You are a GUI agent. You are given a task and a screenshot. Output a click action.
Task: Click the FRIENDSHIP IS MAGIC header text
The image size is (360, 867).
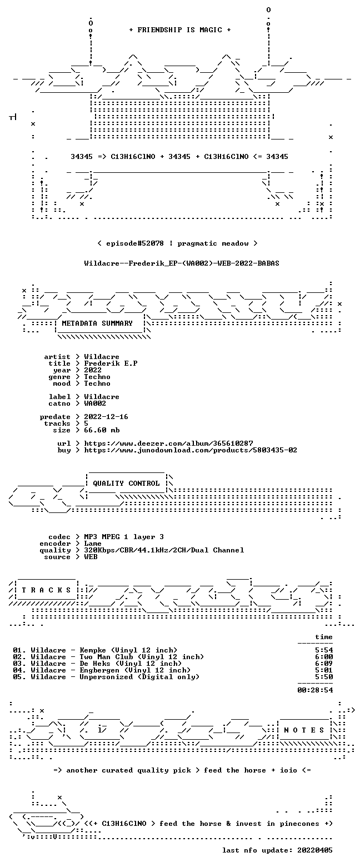pyautogui.click(x=180, y=30)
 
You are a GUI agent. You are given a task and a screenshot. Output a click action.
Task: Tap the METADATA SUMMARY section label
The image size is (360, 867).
pyautogui.click(x=97, y=323)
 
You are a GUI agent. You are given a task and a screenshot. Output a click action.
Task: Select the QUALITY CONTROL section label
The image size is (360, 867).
pyautogui.click(x=126, y=484)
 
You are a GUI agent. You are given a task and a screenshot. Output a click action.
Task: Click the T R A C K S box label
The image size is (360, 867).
pyautogui.click(x=47, y=590)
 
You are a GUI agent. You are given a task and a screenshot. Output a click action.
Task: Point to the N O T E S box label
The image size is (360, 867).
pyautogui.click(x=304, y=730)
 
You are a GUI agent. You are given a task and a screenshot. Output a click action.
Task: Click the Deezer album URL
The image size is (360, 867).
pyautogui.click(x=169, y=444)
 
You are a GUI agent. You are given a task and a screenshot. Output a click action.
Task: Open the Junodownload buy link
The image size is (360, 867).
pyautogui.click(x=191, y=450)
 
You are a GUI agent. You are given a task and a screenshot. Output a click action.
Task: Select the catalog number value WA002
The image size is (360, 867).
pyautogui.click(x=95, y=403)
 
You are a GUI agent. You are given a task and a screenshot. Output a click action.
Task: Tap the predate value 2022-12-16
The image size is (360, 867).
pyautogui.click(x=106, y=417)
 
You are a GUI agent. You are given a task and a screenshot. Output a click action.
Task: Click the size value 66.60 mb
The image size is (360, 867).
pyautogui.click(x=102, y=430)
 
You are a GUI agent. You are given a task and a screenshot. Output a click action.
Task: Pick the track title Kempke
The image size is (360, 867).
pyautogui.click(x=93, y=650)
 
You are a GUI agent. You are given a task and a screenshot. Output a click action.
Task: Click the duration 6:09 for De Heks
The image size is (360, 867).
pyautogui.click(x=324, y=664)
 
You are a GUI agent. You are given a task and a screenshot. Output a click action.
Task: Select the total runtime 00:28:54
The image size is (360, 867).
pyautogui.click(x=315, y=690)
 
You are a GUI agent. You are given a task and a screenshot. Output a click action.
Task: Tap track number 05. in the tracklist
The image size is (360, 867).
pyautogui.click(x=19, y=677)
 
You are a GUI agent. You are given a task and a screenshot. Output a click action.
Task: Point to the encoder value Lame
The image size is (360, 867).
pyautogui.click(x=93, y=544)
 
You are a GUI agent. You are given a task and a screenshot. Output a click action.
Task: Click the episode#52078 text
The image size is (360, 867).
pyautogui.click(x=134, y=243)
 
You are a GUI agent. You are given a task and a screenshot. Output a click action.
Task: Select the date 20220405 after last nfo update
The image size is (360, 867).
pyautogui.click(x=315, y=850)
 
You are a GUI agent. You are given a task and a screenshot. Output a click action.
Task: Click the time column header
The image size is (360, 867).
pyautogui.click(x=324, y=637)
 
